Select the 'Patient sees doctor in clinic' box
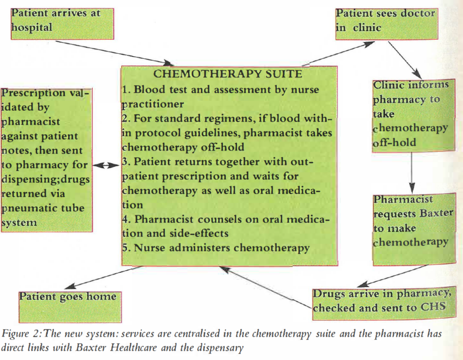[x=386, y=24]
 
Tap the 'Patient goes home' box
[x=70, y=306]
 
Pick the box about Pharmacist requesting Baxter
[x=413, y=228]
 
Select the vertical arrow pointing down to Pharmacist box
[x=411, y=172]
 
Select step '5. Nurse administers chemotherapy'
[x=216, y=248]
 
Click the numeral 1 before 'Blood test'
[x=126, y=90]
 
